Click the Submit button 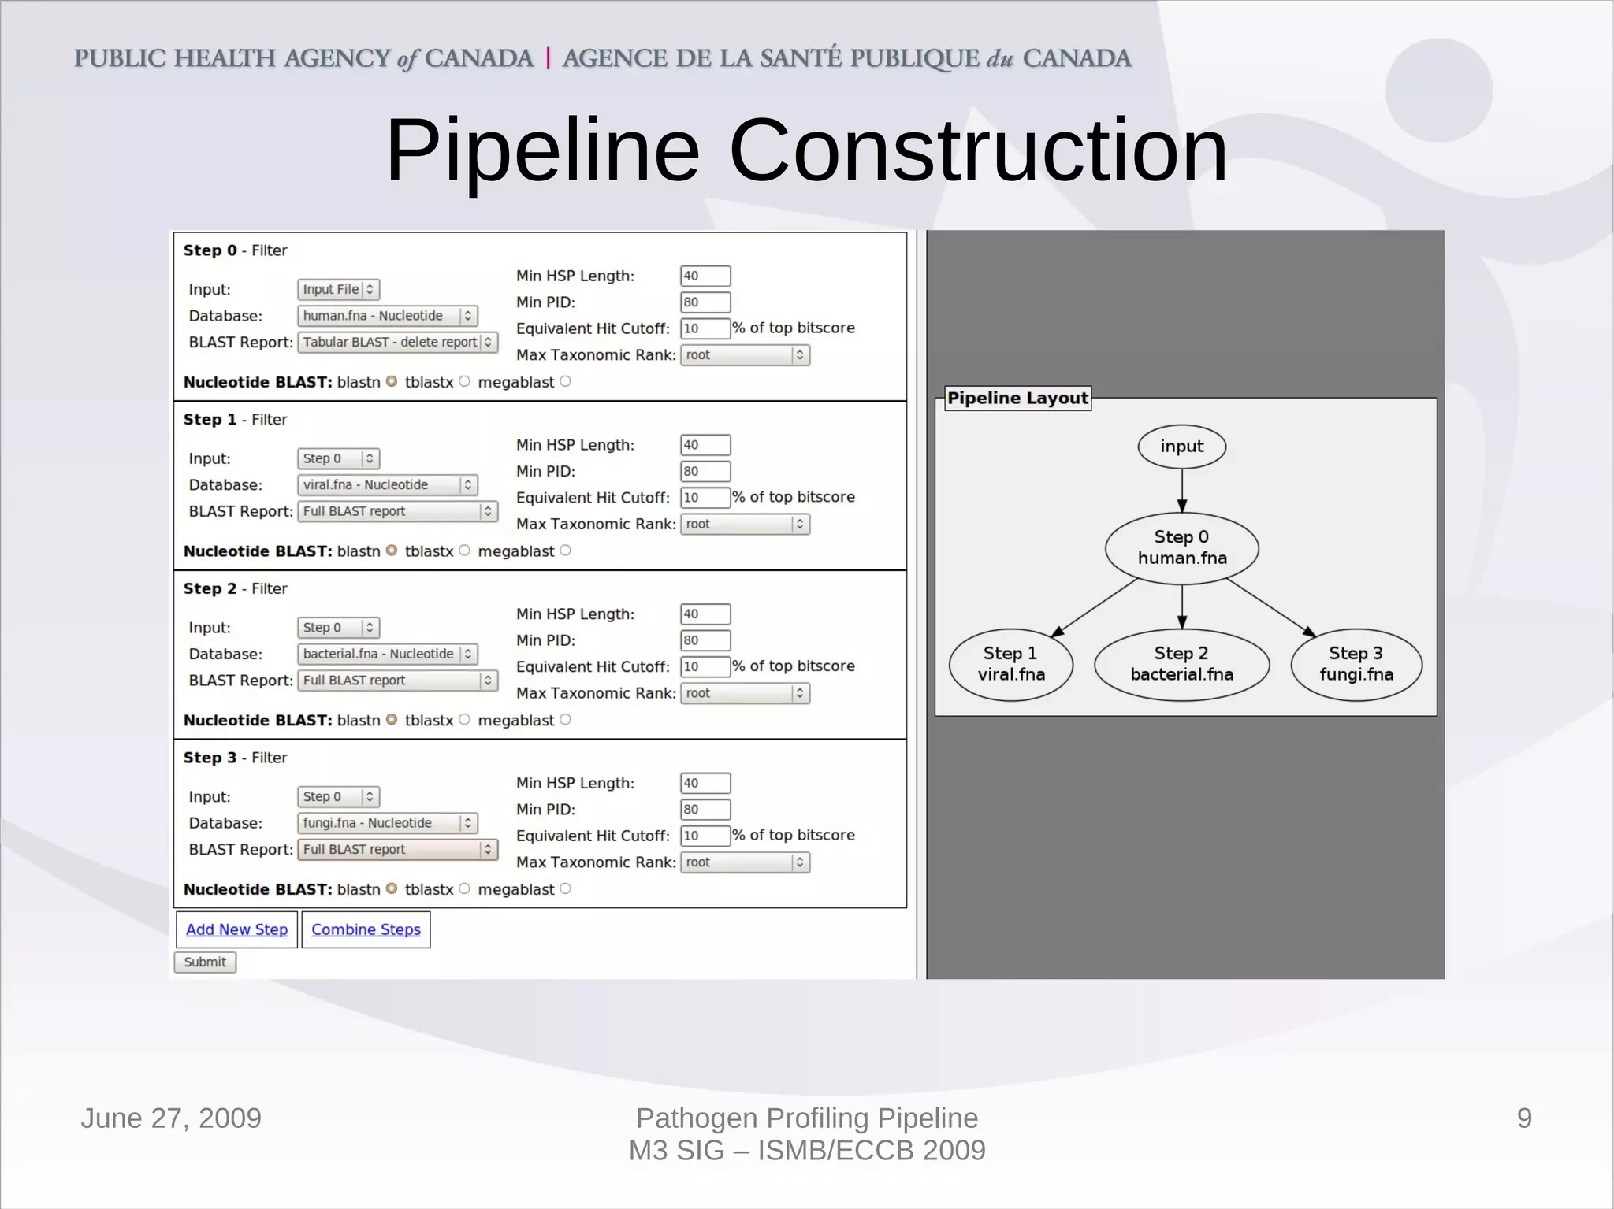point(205,962)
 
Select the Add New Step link point(236,929)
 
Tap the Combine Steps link point(366,929)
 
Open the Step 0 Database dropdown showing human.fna point(387,316)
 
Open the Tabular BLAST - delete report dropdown point(397,342)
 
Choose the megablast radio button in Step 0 point(565,382)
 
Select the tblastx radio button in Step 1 point(464,551)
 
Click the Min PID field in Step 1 point(705,471)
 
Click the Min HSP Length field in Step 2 point(705,614)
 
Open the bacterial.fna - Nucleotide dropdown point(387,654)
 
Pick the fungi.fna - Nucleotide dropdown point(387,823)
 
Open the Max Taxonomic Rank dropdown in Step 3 point(745,862)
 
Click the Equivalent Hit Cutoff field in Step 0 point(705,328)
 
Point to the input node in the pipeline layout point(1181,447)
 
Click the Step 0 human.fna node point(1181,547)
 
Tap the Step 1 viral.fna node point(1011,664)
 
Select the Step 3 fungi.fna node point(1356,664)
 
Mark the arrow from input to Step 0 point(1181,491)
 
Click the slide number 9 point(1524,1118)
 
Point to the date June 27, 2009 point(171,1118)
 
